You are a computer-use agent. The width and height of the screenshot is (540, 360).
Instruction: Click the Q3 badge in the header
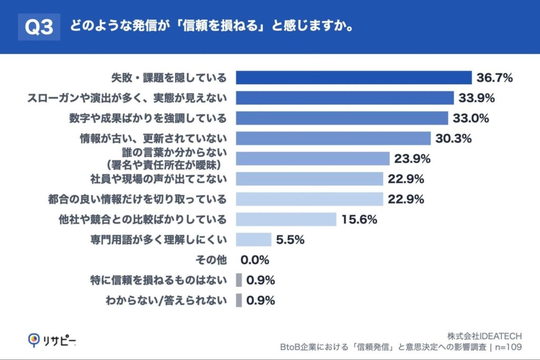click(x=39, y=27)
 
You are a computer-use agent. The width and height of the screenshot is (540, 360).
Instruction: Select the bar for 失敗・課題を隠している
click(x=353, y=78)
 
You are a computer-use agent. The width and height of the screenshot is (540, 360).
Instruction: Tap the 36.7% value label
click(x=495, y=78)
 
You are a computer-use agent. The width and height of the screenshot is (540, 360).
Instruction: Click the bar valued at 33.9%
click(x=344, y=98)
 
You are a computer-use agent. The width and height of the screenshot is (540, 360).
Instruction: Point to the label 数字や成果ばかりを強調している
click(x=148, y=118)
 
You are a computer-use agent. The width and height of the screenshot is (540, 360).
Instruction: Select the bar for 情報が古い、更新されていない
click(x=333, y=139)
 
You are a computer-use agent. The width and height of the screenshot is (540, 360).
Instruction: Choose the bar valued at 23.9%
click(x=312, y=159)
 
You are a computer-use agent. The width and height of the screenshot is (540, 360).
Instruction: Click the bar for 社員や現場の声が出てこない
click(x=309, y=179)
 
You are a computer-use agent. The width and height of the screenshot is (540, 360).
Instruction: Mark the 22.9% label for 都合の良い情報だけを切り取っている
click(x=406, y=199)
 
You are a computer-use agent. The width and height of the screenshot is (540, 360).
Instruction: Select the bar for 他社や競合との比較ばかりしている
click(x=286, y=219)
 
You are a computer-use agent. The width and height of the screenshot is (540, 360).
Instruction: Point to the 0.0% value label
click(x=255, y=260)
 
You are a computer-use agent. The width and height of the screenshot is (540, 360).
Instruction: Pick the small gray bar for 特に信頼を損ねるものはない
click(x=238, y=280)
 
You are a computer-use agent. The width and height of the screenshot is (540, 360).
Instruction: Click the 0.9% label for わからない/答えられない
click(x=261, y=300)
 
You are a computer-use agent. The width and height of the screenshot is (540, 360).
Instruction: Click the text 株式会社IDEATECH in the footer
click(x=484, y=336)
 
